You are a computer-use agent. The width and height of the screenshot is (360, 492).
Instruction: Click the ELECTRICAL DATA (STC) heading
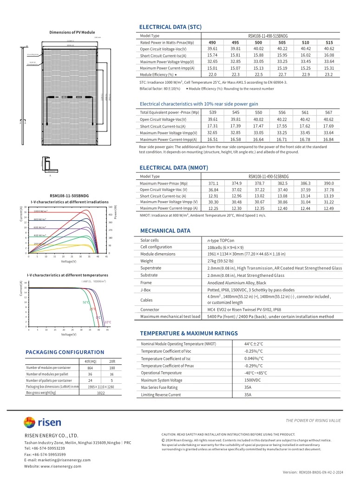tap(170, 27)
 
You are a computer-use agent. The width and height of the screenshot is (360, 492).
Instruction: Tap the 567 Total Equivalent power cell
tap(328, 112)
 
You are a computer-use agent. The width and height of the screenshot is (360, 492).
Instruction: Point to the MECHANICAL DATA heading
tap(165, 230)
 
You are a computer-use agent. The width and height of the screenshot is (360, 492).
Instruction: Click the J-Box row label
tap(146, 289)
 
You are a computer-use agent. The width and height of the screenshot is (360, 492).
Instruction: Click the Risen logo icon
tap(29, 423)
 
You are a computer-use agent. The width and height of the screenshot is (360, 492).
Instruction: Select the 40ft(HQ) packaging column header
tap(90, 361)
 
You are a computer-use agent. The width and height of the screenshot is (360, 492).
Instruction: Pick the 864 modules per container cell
tap(90, 367)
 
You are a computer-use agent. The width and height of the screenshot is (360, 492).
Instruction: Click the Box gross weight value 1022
tap(100, 393)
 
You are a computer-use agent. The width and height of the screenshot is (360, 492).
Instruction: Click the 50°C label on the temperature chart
tap(86, 302)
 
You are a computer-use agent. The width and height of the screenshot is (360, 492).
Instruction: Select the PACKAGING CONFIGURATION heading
tap(65, 352)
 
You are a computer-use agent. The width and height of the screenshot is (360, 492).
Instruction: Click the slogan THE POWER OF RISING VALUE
tap(313, 420)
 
